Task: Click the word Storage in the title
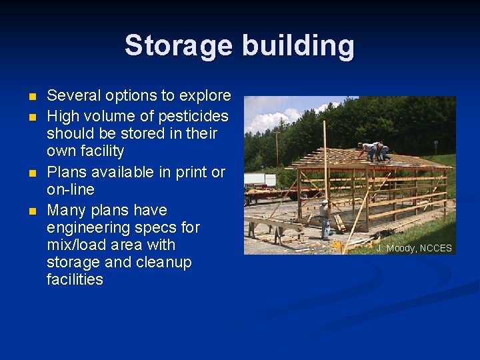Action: point(179,46)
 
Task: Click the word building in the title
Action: point(298,46)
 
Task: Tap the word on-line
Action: point(71,189)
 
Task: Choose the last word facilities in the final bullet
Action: point(75,279)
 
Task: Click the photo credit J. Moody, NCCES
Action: point(414,248)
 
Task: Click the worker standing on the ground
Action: point(324,219)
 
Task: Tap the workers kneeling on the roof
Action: point(375,151)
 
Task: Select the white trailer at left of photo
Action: point(260,180)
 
